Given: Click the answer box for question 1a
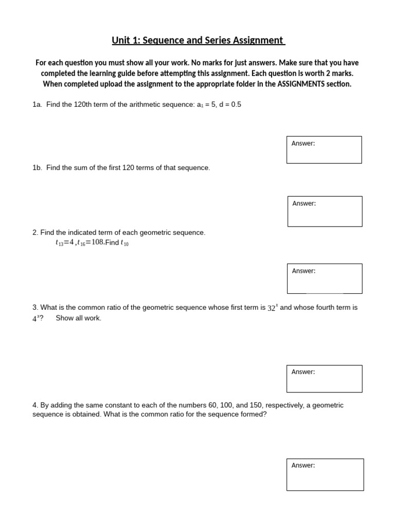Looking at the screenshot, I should coord(324,149).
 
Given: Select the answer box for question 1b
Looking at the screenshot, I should coord(325,211).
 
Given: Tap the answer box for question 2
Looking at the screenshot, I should coord(325,278).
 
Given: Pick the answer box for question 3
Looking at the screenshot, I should coord(325,379).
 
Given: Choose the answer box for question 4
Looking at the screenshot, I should coord(325,475).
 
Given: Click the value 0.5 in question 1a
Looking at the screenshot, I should coord(236,104).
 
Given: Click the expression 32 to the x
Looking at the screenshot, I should coord(273,308).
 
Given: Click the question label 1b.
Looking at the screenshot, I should coord(37,168).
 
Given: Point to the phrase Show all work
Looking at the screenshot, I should coord(78,318).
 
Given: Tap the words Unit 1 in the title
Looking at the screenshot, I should coord(125,40).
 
